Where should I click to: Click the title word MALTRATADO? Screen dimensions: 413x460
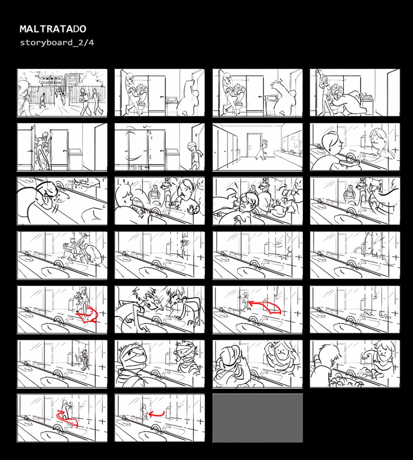tap(53, 29)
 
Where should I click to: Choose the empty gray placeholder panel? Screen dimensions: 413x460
tap(257, 418)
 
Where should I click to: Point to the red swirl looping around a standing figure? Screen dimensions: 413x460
tap(67, 417)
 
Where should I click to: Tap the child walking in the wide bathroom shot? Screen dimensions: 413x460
tap(262, 149)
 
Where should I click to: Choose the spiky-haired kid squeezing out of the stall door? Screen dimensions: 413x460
tap(43, 149)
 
